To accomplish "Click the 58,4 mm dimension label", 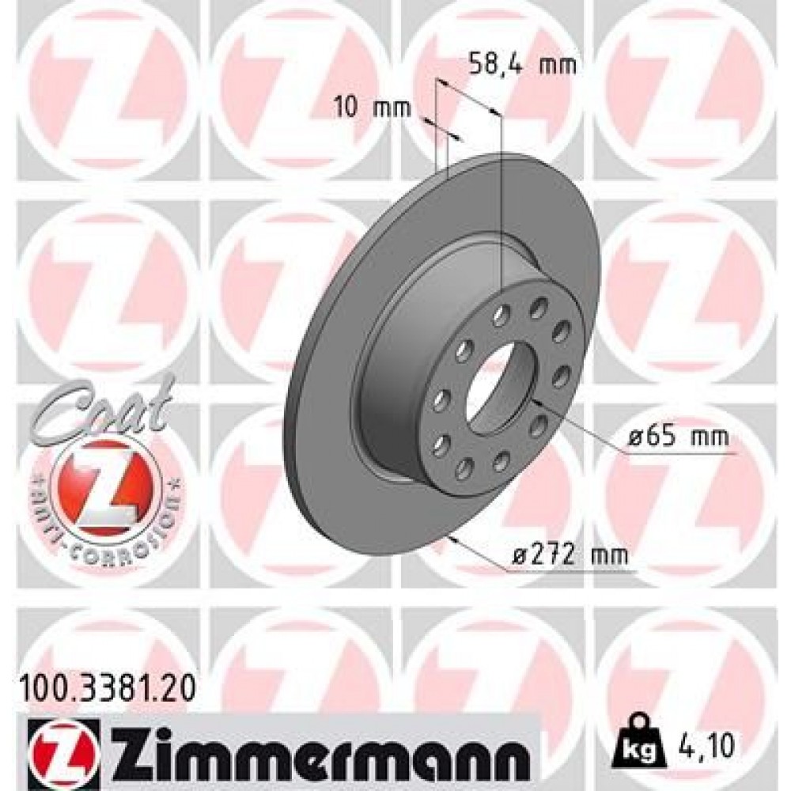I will click(x=518, y=64).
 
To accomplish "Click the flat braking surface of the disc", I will click(x=332, y=443).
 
